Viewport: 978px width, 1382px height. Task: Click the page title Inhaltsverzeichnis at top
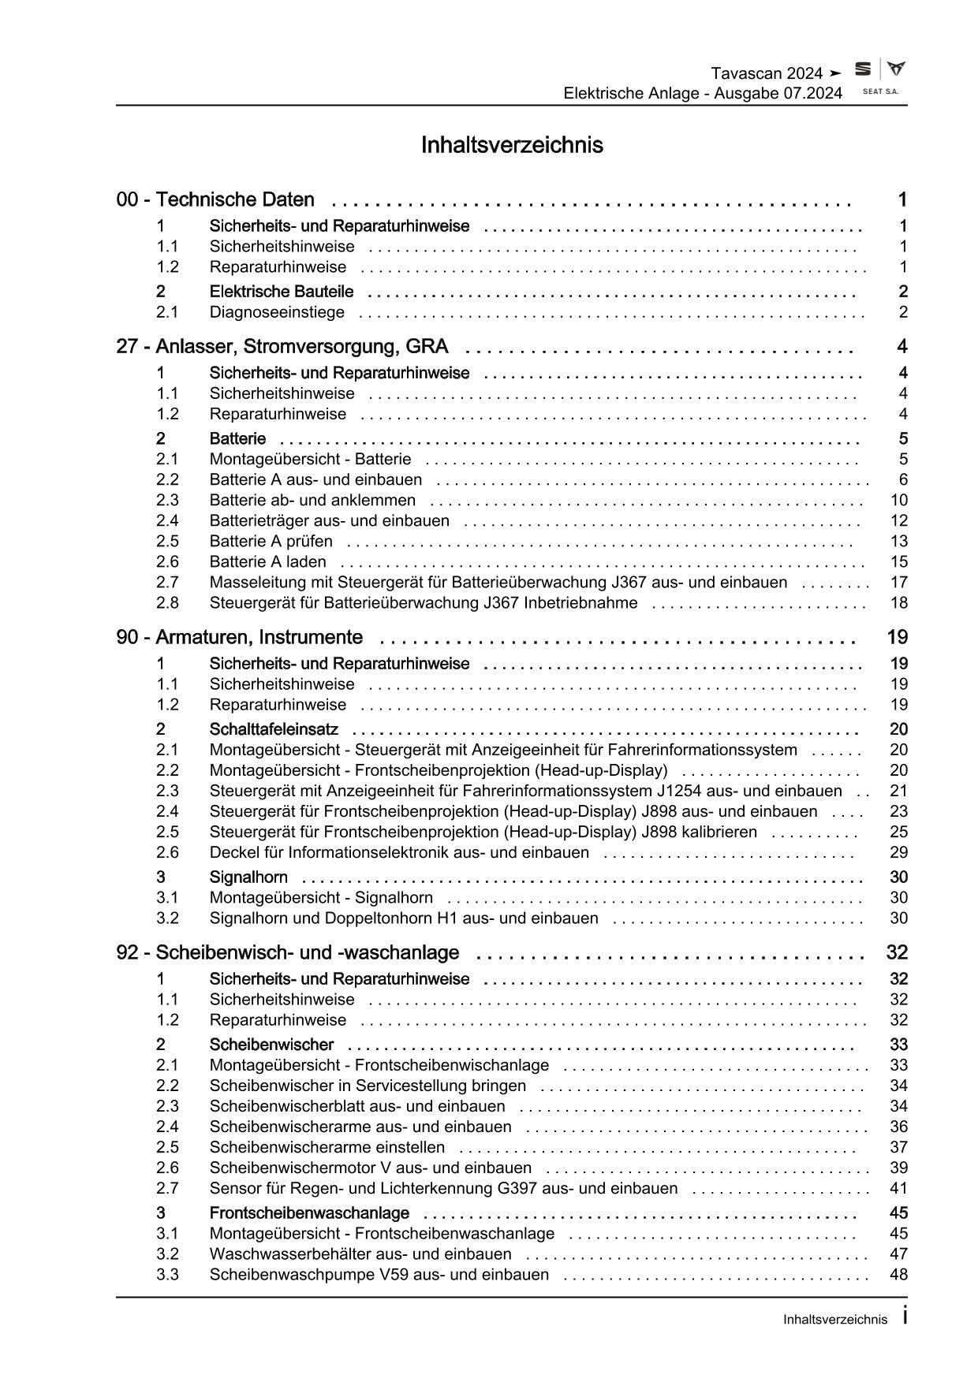click(x=512, y=145)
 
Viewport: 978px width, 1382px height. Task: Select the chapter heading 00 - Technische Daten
click(x=215, y=200)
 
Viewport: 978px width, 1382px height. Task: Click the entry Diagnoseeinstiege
click(x=277, y=312)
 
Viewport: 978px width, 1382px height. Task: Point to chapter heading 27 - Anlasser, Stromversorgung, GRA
click(x=282, y=347)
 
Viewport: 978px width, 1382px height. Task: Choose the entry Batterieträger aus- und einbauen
click(x=329, y=520)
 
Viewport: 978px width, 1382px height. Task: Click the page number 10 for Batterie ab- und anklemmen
click(x=898, y=500)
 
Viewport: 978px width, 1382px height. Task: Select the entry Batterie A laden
click(x=267, y=561)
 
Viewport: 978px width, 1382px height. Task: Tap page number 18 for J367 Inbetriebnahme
click(x=898, y=602)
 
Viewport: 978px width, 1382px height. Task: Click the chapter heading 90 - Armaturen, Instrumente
click(x=240, y=637)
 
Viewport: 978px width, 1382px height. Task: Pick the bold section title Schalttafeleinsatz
click(x=274, y=729)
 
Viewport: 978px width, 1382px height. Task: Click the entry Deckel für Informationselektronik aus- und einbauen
click(x=399, y=852)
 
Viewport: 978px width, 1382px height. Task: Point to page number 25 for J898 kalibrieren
click(x=898, y=832)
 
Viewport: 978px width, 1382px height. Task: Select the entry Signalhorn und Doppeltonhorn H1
click(x=404, y=918)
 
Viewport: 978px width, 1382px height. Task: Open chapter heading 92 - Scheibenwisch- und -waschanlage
click(x=288, y=952)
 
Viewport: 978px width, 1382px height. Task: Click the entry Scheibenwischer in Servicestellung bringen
click(x=368, y=1086)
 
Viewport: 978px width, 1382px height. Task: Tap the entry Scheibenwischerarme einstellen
click(x=327, y=1147)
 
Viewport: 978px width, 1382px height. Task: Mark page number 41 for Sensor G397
click(x=898, y=1188)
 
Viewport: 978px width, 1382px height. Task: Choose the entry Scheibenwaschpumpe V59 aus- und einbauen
click(x=379, y=1275)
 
